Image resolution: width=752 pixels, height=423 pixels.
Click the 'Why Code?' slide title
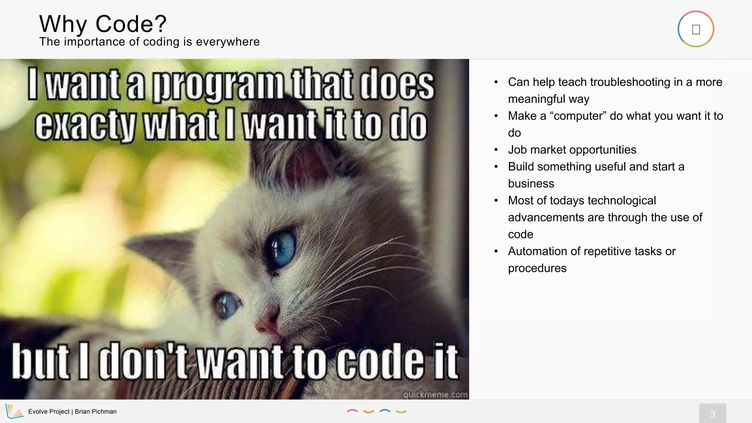coord(103,24)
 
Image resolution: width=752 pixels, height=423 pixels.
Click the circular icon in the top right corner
coord(695,29)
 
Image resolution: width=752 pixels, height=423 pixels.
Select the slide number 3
coord(712,414)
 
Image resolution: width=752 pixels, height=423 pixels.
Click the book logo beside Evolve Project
coord(14,411)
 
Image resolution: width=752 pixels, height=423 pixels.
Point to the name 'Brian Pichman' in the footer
coord(95,412)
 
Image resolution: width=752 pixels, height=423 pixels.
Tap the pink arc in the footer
coord(352,411)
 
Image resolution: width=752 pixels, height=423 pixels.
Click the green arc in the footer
coord(401,412)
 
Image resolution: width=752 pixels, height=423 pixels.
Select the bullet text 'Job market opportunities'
coord(572,150)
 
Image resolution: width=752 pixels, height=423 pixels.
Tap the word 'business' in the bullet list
coord(531,184)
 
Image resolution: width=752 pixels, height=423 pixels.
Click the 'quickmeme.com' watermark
coord(435,394)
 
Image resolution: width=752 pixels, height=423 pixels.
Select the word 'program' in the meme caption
coord(217,85)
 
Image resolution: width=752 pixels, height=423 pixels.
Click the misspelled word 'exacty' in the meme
coord(85,126)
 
